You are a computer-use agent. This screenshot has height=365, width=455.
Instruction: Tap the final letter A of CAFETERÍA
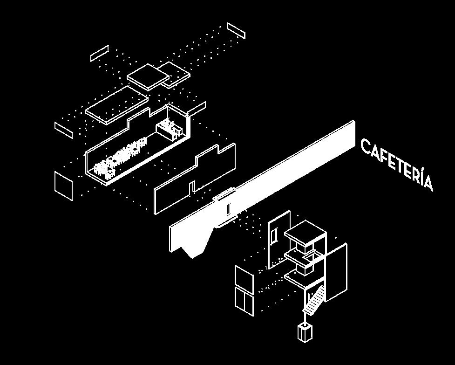click(427, 183)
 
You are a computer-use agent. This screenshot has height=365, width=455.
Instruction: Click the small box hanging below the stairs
click(305, 332)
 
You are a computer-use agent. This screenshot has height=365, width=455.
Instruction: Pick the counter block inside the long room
click(166, 129)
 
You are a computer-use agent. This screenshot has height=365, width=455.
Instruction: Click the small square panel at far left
click(63, 186)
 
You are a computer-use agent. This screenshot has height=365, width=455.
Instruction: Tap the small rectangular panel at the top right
click(236, 30)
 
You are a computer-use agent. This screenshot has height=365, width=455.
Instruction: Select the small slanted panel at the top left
click(99, 53)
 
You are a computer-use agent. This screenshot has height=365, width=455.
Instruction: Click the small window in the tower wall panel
click(274, 235)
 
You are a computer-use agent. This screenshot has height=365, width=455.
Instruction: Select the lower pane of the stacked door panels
click(244, 302)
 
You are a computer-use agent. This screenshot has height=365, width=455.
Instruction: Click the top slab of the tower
click(305, 231)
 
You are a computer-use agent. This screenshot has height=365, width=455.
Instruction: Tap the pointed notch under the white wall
click(192, 254)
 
